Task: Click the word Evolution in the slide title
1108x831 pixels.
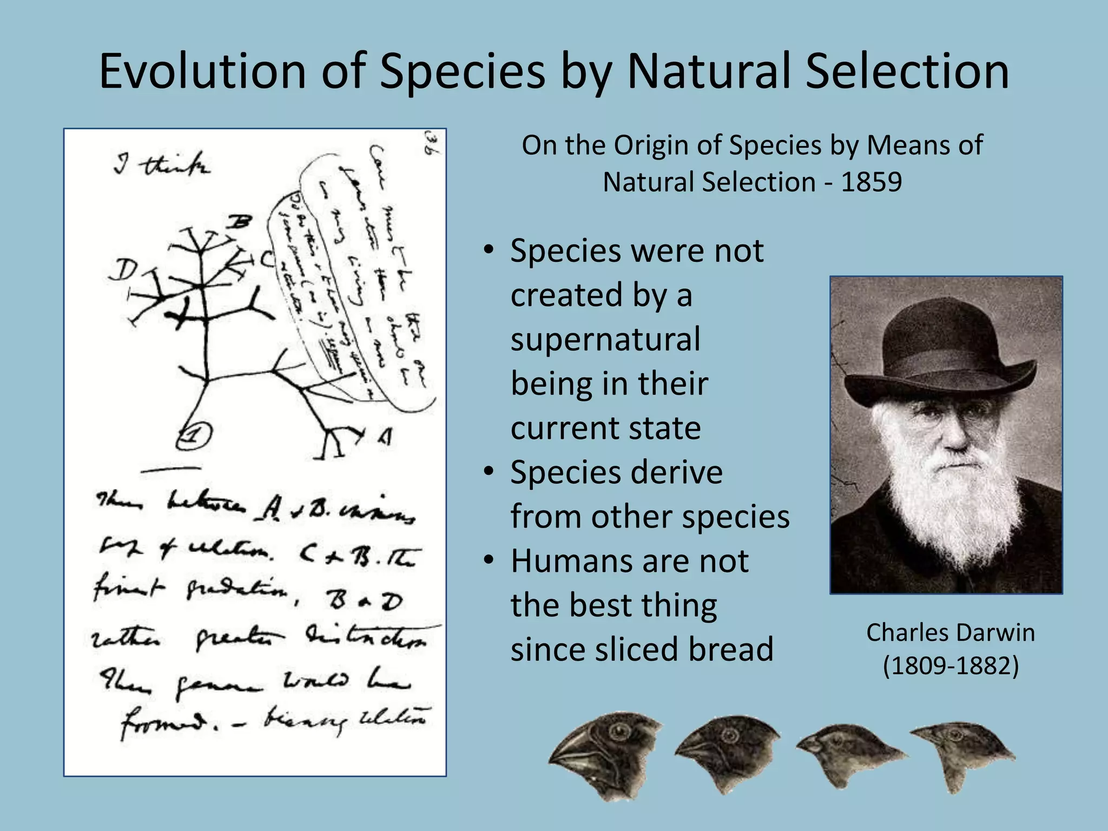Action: tap(203, 71)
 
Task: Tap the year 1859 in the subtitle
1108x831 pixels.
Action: tap(871, 182)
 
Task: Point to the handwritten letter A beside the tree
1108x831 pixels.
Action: tap(385, 436)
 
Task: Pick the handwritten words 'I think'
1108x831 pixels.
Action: tap(162, 164)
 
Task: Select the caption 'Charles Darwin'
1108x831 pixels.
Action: tap(950, 632)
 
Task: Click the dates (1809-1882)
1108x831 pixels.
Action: tap(950, 665)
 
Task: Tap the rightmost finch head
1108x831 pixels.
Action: tap(963, 755)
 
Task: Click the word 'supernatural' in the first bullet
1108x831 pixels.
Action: tap(605, 340)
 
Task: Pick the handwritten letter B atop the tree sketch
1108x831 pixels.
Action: tap(238, 222)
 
